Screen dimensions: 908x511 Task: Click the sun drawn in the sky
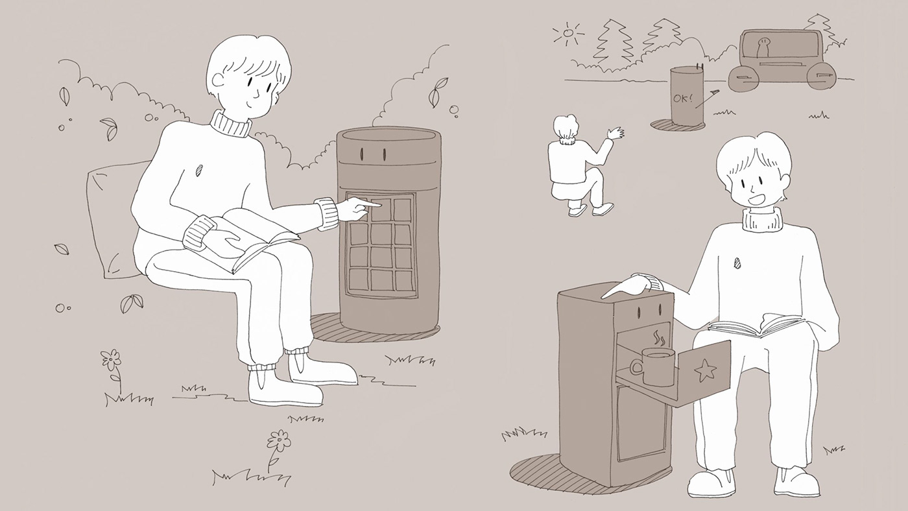(569, 33)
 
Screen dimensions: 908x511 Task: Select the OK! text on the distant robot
(682, 98)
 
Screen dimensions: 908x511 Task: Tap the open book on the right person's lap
(756, 326)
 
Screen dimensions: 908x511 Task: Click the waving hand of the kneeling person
(615, 133)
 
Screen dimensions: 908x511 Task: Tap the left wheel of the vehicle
(743, 78)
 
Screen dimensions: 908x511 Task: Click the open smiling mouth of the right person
(755, 199)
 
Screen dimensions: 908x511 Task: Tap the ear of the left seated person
(218, 80)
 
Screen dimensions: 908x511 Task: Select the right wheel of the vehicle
(822, 76)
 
